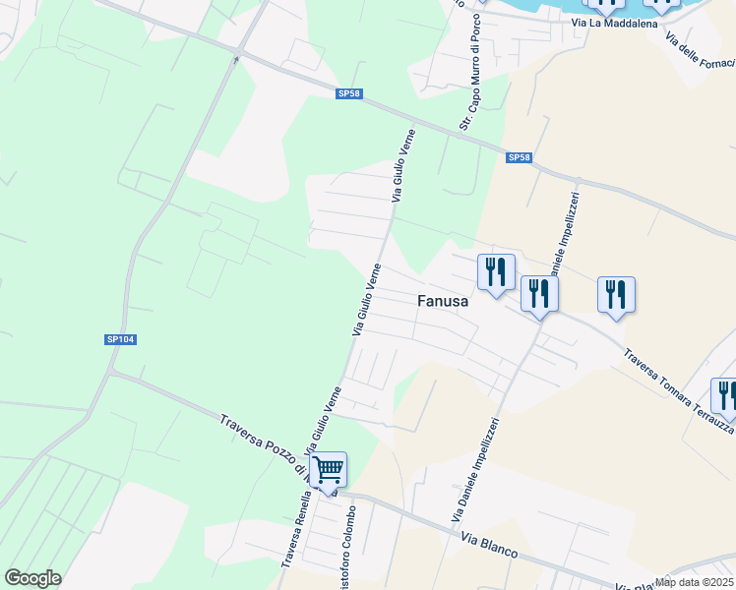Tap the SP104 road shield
pos(120,339)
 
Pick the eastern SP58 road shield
pos(520,157)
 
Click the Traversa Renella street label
pos(293,535)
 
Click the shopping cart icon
pos(328,469)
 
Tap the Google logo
pos(32,578)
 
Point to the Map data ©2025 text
pos(695,582)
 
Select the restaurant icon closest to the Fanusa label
pos(496,271)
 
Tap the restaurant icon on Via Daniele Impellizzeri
pos(539,293)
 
